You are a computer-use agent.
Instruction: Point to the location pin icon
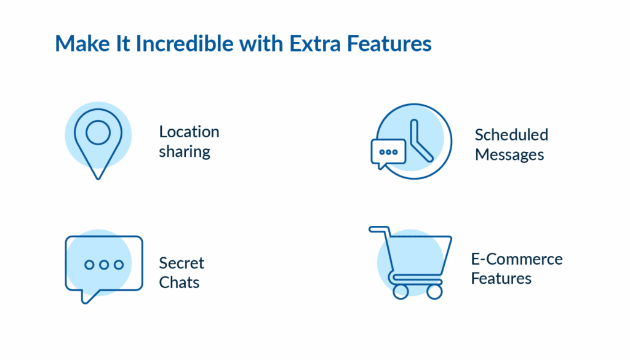98,141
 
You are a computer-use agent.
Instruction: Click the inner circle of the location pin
98,132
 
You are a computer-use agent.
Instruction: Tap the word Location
189,132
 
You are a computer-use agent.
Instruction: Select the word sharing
185,151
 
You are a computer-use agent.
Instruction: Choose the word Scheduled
511,135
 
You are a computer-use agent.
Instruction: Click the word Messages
509,154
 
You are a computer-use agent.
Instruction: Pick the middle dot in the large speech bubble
103,265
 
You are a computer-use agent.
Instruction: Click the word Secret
181,263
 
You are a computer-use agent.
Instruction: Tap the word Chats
179,282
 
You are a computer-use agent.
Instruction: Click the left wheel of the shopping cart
401,291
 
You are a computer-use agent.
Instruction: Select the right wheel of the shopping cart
434,291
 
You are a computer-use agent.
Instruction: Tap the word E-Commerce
516,258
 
